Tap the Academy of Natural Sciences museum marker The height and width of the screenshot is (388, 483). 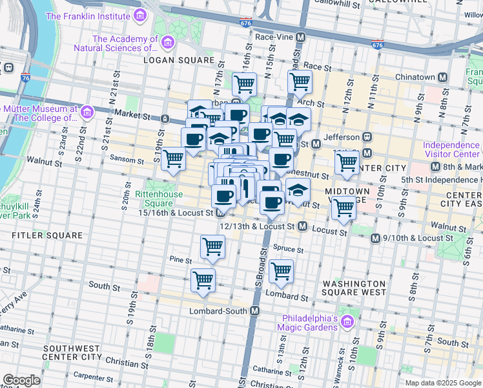[167, 43]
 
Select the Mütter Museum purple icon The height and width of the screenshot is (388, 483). [87, 113]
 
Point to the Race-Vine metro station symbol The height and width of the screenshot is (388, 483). [300, 38]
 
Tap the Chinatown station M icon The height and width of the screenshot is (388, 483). [443, 77]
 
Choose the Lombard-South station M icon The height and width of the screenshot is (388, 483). [255, 311]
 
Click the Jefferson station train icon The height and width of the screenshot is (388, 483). [367, 136]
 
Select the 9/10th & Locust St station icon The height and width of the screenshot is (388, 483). [375, 239]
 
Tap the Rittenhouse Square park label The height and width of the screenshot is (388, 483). [154, 199]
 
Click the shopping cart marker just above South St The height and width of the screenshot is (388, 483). [203, 280]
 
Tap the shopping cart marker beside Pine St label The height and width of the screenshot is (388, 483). [212, 246]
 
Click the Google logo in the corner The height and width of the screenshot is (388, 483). [21, 380]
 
